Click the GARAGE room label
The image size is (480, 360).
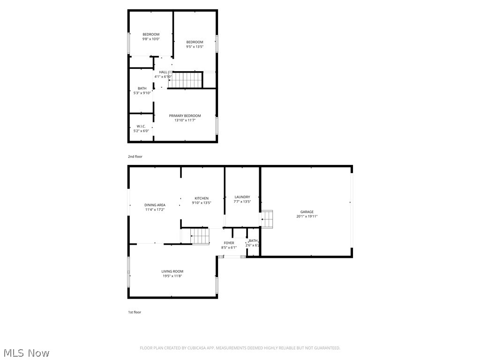tap(307, 212)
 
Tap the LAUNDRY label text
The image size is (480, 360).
tap(242, 197)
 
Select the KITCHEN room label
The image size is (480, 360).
tap(202, 198)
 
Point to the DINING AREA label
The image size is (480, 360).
tap(155, 205)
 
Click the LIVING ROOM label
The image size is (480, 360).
tap(172, 271)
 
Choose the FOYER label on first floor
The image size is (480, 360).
tap(229, 243)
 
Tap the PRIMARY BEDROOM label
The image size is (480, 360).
tap(185, 116)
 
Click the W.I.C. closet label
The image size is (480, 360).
tap(141, 127)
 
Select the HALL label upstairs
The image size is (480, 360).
tap(163, 72)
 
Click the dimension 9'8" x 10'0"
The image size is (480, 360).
tap(151, 39)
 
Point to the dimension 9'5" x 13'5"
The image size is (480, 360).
tap(195, 47)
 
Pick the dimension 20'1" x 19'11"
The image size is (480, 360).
tap(307, 217)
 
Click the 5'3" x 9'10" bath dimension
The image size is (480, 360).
tap(142, 93)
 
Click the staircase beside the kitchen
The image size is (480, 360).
tap(200, 235)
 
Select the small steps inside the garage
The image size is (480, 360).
tap(268, 219)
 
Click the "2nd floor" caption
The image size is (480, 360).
tap(135, 157)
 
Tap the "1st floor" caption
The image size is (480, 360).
tap(135, 312)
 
